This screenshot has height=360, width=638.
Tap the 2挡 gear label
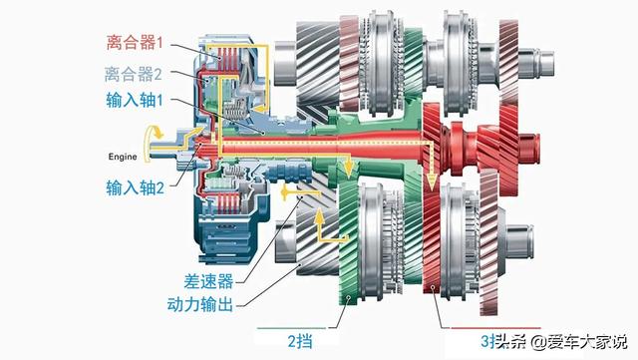tap(297, 340)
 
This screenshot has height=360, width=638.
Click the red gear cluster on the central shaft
tap(469, 140)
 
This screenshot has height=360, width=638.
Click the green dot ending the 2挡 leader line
tap(345, 298)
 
